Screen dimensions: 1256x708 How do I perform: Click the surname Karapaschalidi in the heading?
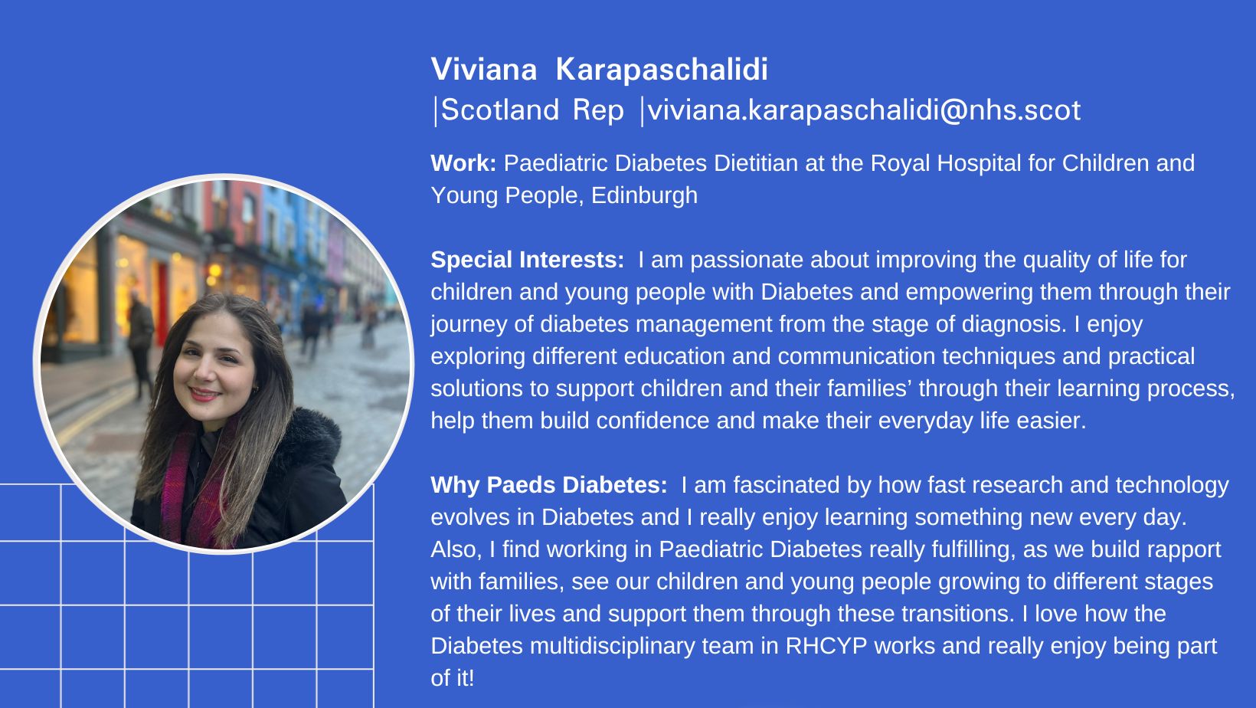tap(662, 69)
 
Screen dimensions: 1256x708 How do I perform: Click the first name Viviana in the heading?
tap(484, 69)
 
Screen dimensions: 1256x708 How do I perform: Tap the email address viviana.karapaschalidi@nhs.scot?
tap(864, 110)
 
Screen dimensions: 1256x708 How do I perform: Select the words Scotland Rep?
tap(532, 110)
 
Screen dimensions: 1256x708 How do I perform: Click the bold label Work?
tap(463, 163)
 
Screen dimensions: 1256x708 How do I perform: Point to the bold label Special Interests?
tap(527, 260)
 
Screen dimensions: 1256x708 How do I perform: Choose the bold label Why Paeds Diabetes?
tap(549, 485)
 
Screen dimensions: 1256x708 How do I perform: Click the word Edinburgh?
tap(644, 196)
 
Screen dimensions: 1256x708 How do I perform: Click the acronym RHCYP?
tap(826, 646)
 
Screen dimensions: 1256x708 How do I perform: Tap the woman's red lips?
tap(204, 395)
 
